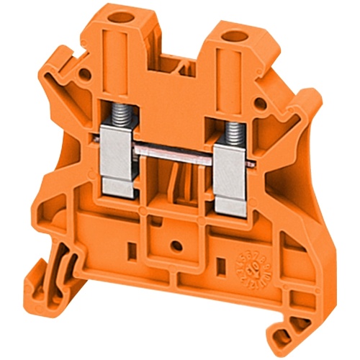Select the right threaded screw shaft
[233, 130]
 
